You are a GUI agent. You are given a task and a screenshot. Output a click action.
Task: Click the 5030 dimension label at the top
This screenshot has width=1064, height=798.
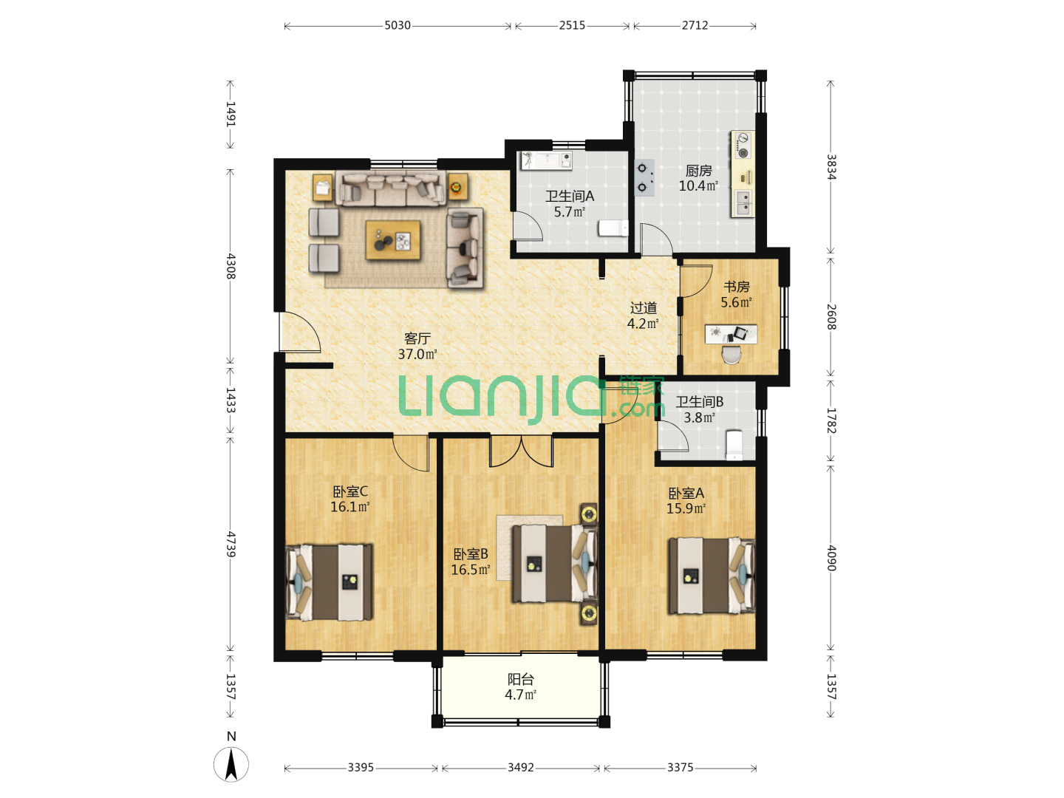[397, 25]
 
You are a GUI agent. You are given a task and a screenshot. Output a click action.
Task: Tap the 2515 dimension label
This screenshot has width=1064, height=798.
[572, 25]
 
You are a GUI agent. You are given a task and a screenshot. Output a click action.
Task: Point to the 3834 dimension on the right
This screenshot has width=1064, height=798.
[831, 167]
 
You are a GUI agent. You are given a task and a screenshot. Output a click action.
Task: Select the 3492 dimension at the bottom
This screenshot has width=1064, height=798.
[521, 768]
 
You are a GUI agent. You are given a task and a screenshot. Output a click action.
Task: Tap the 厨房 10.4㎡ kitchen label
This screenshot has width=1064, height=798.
[698, 178]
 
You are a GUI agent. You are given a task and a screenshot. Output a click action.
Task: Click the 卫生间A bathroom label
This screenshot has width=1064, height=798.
[570, 197]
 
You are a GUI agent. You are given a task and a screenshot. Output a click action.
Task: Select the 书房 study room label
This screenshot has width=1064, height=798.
[737, 287]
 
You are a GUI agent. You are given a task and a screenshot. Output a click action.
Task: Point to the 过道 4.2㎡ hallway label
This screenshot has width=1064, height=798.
[644, 316]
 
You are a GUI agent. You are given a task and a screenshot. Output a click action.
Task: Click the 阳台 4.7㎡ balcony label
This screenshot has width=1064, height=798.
[521, 686]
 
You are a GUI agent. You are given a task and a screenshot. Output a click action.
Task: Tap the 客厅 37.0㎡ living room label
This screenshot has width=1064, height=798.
[417, 346]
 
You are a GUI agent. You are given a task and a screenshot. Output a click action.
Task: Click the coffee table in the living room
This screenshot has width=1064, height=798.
[392, 240]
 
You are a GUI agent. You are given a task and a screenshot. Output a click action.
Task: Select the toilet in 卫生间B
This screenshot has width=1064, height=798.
[734, 445]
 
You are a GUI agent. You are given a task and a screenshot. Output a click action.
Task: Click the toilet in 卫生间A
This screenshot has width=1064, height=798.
[613, 228]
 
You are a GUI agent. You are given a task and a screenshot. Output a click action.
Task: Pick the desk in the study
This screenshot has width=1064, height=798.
[731, 334]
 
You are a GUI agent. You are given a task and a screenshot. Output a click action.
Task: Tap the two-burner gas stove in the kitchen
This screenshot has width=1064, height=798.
[644, 178]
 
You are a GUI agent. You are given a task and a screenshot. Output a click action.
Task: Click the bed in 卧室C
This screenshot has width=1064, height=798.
[329, 582]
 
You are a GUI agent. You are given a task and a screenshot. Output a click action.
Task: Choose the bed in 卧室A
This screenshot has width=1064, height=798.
[712, 576]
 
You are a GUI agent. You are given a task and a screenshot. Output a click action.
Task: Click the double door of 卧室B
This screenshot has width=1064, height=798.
[521, 451]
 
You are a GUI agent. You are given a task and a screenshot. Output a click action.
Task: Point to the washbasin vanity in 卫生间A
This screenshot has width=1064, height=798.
[546, 160]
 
